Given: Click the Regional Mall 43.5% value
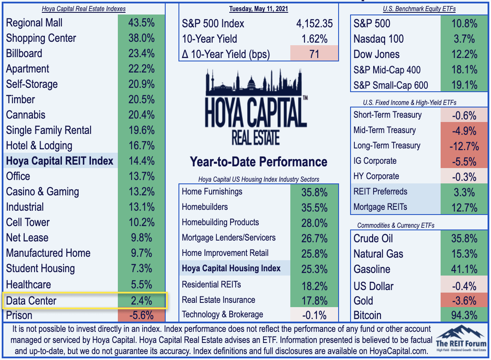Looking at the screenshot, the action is coord(141,23).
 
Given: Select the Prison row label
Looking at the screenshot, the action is coord(19,315).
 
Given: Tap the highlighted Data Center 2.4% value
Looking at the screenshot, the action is coord(142,301).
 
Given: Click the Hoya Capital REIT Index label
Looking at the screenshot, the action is coord(59,161).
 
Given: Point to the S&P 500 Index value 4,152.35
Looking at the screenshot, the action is coord(314,23).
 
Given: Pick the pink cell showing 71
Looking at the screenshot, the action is coord(314,54).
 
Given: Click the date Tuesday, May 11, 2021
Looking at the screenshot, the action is coord(258,9).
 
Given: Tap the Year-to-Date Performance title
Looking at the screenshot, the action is coord(258,162).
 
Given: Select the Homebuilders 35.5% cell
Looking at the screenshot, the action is coord(314,207).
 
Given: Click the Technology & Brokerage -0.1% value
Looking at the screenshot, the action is coord(314,315).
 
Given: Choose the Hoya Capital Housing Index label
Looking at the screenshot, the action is coord(231,268).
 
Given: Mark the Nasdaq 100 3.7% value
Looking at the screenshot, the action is coord(465,39).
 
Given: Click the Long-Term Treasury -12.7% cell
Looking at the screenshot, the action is coord(465,146).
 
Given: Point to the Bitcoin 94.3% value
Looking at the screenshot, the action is coord(465,315).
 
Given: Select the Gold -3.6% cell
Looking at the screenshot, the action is coord(465,301).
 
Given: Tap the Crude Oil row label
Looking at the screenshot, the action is coord(373,238).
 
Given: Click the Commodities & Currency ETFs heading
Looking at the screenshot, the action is coord(396,226).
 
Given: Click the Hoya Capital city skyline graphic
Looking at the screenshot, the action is coord(254,82).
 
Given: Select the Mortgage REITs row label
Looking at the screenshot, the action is coord(380,207).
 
